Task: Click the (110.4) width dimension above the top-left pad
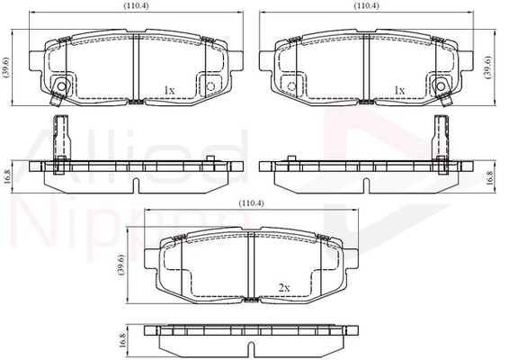(x=135, y=6)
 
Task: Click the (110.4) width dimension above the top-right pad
(x=365, y=6)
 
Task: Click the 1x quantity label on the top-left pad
(x=168, y=90)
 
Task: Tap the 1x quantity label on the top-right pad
(x=398, y=90)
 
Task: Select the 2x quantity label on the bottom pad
(x=283, y=287)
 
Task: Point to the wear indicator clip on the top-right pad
(x=441, y=86)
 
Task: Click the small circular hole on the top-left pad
(x=210, y=86)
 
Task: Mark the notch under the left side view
(x=135, y=184)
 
